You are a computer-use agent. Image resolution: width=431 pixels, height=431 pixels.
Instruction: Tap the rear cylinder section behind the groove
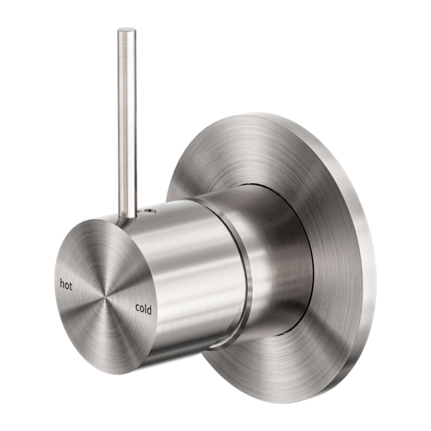271,246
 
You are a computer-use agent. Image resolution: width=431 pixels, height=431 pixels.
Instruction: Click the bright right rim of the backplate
363,246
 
